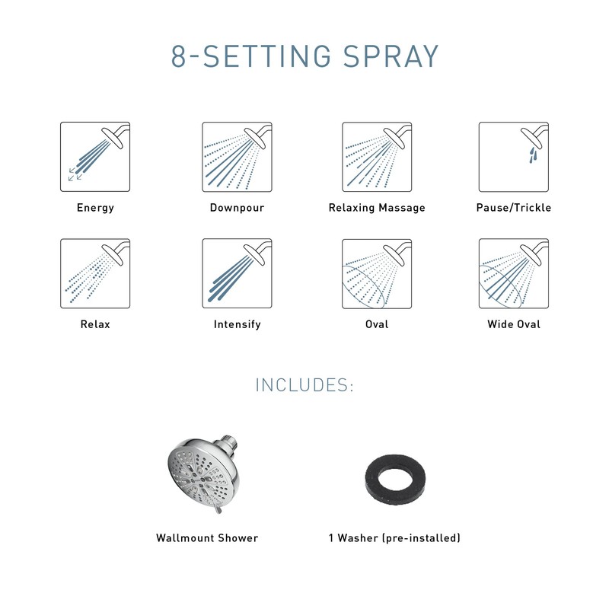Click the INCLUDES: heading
point(304,384)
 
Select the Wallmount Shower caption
point(207,538)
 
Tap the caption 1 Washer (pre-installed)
point(394,538)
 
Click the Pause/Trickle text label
point(514,207)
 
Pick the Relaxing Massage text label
point(377,207)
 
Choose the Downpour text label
point(237,207)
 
